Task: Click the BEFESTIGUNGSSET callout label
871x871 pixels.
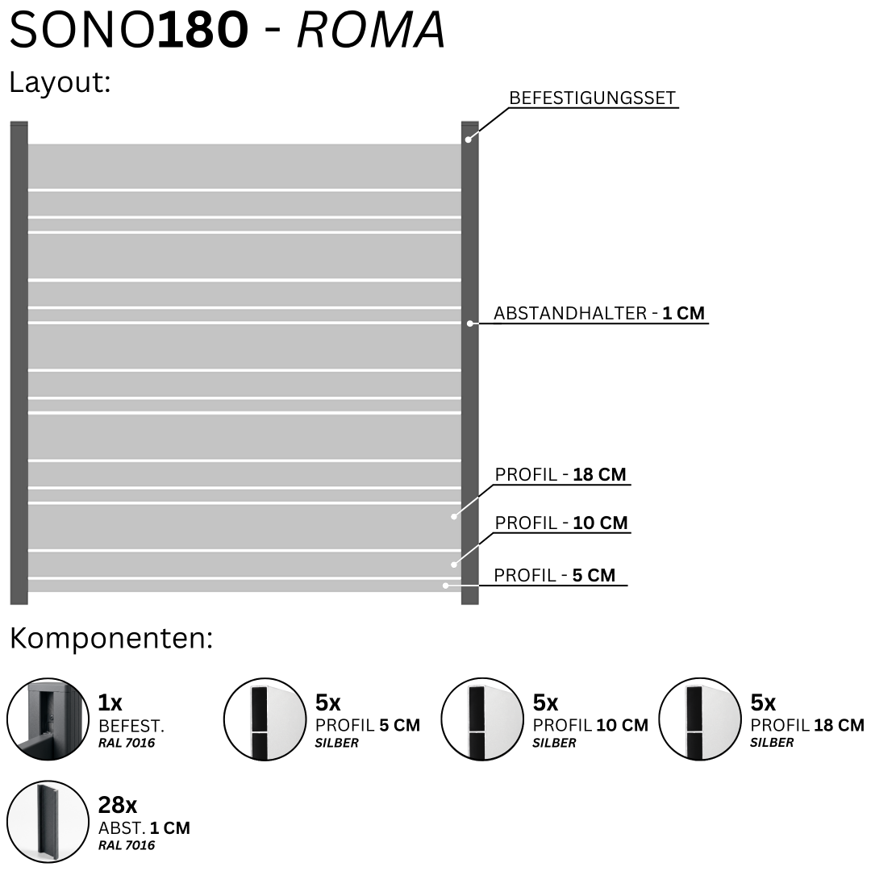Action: (x=592, y=98)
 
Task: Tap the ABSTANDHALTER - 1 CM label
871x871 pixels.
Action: (x=598, y=313)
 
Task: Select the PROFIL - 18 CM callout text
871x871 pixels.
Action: (x=561, y=474)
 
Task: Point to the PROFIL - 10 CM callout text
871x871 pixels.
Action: (x=561, y=523)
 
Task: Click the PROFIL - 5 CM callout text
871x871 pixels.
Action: (x=554, y=575)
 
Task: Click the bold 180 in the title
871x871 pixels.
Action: (x=202, y=30)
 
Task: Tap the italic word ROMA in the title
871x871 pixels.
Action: (x=371, y=30)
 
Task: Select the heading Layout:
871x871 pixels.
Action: (x=60, y=83)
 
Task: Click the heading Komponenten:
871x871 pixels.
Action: (x=111, y=639)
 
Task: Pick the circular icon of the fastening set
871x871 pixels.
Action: (x=48, y=719)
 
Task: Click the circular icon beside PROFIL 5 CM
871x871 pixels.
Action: (x=265, y=719)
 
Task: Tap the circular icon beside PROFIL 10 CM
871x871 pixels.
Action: (x=482, y=719)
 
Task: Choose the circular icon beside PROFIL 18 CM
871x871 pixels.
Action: (x=700, y=719)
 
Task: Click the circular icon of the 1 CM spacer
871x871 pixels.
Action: (x=48, y=822)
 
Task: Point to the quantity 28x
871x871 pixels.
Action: (x=117, y=805)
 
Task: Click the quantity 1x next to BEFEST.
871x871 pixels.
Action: (x=110, y=702)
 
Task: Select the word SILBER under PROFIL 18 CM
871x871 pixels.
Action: (x=772, y=743)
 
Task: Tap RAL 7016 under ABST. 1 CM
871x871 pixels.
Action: (x=127, y=845)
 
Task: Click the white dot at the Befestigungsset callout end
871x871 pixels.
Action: (x=469, y=140)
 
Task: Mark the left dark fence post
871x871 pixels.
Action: (x=19, y=363)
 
